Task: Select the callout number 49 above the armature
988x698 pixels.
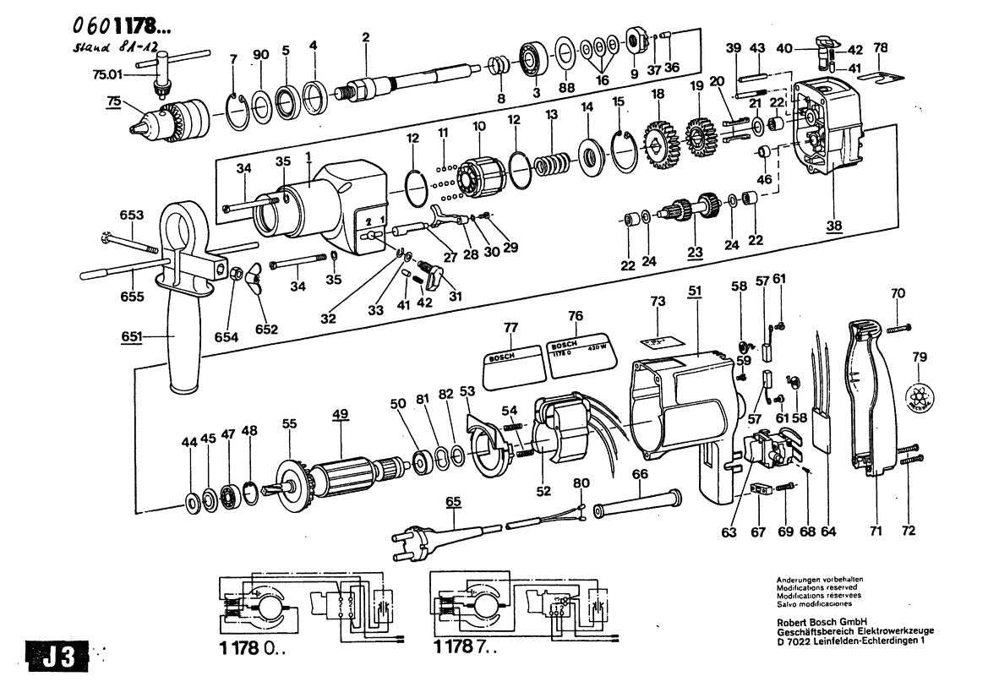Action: [340, 414]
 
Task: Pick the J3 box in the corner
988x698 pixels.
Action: [57, 657]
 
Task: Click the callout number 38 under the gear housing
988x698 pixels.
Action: [835, 226]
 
